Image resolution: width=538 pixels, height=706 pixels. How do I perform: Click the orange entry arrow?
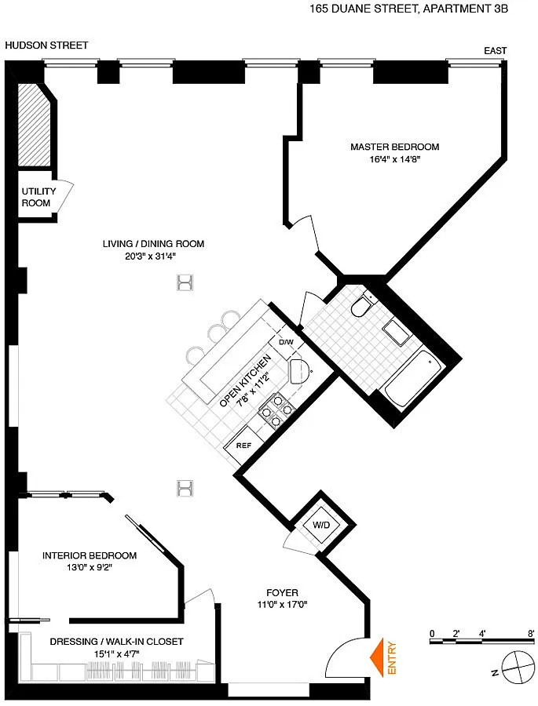[x=376, y=657]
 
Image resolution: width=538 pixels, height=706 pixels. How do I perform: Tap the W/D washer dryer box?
[x=321, y=525]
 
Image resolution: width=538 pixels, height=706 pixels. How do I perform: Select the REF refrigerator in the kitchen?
[x=244, y=446]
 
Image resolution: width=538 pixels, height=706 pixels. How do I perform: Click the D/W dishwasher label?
[x=286, y=342]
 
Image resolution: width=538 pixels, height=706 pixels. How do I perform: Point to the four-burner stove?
[x=276, y=409]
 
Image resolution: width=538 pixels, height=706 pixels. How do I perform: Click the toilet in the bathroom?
[x=361, y=305]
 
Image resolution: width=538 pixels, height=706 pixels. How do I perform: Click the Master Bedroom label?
[x=394, y=147]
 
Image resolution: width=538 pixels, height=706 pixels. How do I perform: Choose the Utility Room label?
[x=38, y=197]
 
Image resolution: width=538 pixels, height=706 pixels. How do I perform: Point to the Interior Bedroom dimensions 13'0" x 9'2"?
[x=90, y=568]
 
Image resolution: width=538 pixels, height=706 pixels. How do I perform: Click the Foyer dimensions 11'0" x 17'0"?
[x=282, y=605]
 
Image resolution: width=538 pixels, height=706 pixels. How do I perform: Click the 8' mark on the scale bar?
[x=531, y=634]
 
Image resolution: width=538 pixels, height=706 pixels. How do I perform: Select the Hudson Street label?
[x=46, y=45]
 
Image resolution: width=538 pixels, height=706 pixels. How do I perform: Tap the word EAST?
[x=495, y=51]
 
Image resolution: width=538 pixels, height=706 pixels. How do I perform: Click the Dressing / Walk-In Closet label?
[x=116, y=641]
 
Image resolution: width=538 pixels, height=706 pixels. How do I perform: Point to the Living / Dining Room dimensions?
[x=150, y=257]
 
